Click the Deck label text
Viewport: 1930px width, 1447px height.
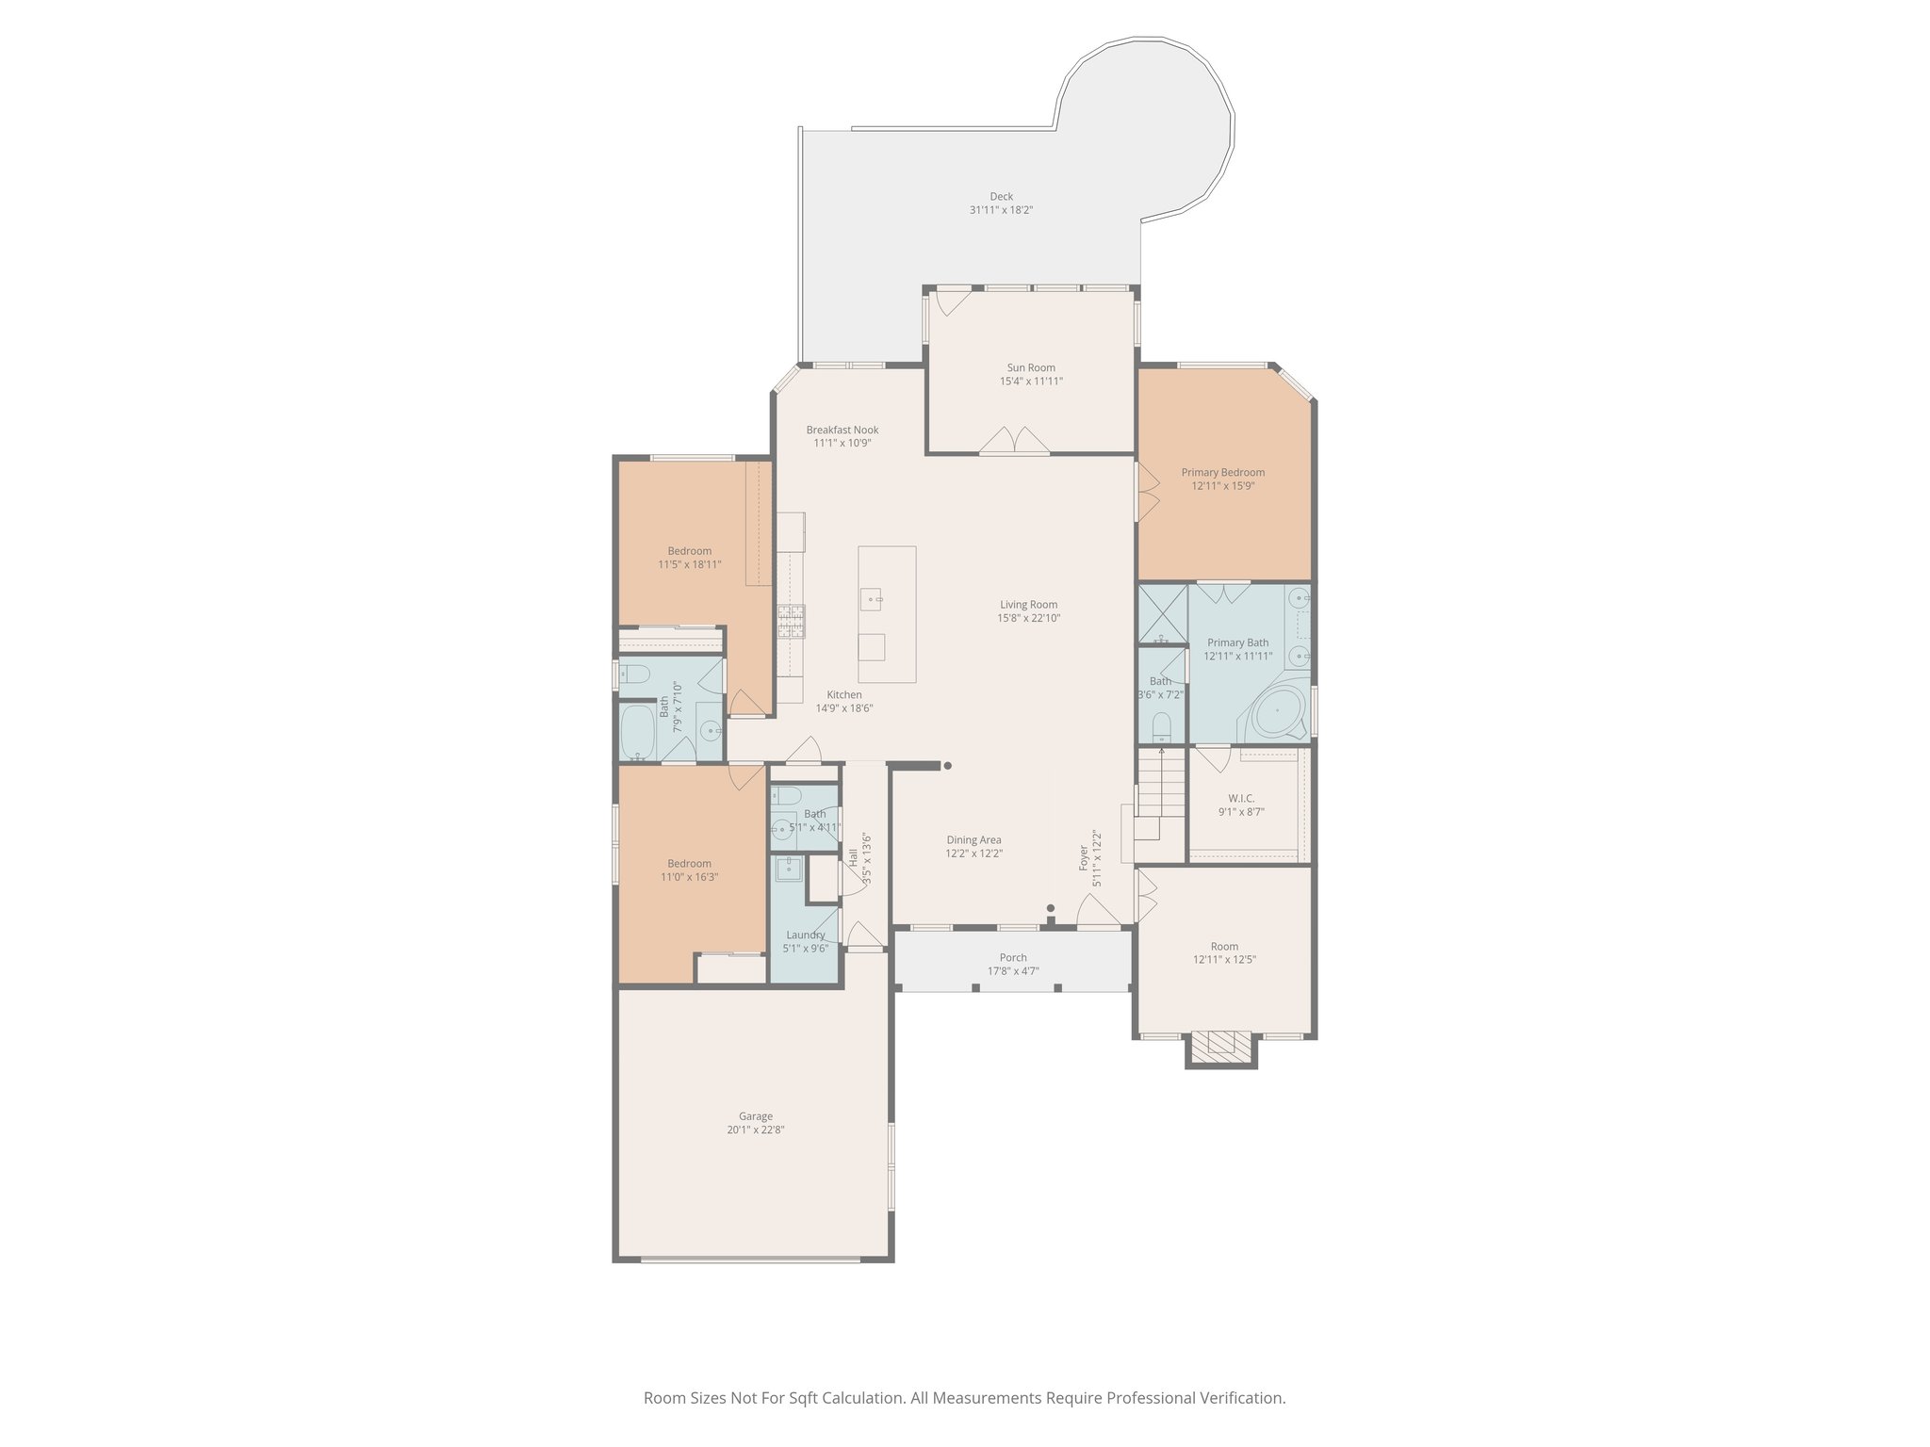click(1001, 197)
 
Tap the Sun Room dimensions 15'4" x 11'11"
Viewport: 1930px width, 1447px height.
click(1031, 382)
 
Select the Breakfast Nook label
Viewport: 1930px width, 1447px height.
click(842, 430)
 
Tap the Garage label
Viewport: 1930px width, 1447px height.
click(755, 1116)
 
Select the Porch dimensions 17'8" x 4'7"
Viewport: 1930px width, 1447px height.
click(1013, 971)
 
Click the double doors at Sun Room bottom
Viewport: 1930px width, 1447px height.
click(1014, 442)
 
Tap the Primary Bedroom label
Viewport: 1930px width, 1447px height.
click(1222, 473)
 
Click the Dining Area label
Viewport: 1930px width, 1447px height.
click(973, 840)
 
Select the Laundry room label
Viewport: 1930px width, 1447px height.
click(805, 935)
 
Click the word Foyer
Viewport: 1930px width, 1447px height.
click(1084, 857)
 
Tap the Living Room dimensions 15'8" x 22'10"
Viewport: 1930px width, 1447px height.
click(1029, 619)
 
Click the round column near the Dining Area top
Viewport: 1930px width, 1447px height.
click(947, 766)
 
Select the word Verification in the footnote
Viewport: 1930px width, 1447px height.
click(1242, 1398)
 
